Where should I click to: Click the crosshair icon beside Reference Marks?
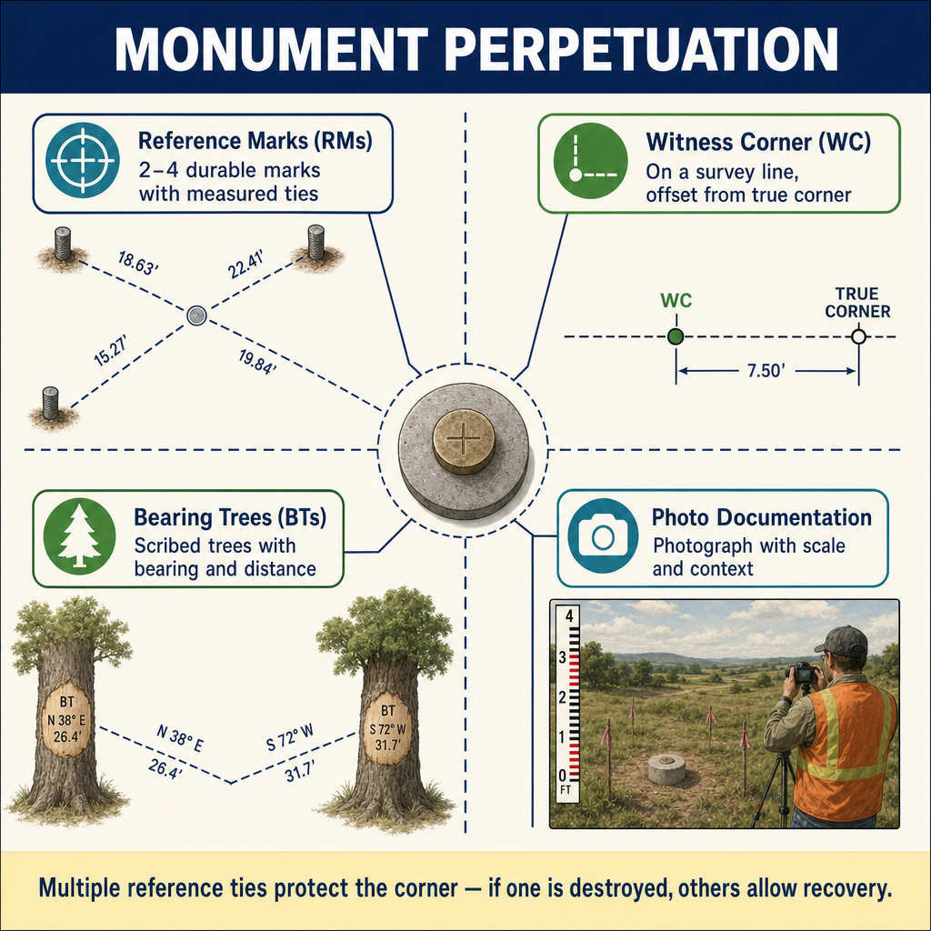click(83, 160)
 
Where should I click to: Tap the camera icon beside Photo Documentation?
click(603, 536)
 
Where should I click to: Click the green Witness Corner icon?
click(590, 160)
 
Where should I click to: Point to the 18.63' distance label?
click(138, 264)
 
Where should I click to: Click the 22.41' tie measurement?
click(245, 265)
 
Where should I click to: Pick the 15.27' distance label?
click(110, 350)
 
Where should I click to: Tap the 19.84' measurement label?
click(257, 362)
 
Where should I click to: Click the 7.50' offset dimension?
click(766, 371)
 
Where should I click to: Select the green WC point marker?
click(676, 336)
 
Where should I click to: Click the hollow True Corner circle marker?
click(858, 336)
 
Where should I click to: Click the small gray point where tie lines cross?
click(196, 315)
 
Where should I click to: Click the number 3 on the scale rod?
click(562, 657)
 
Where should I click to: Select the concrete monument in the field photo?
click(666, 769)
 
